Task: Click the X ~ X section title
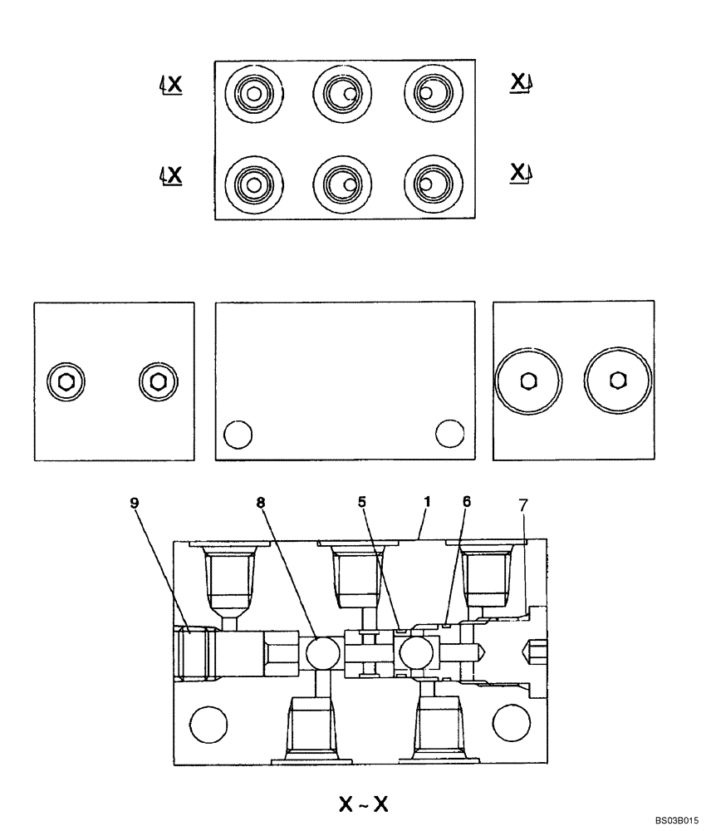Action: pyautogui.click(x=363, y=804)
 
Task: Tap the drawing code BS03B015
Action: pyautogui.click(x=676, y=819)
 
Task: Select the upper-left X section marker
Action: pyautogui.click(x=173, y=85)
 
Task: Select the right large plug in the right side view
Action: pyautogui.click(x=615, y=381)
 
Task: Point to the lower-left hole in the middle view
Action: pyautogui.click(x=239, y=433)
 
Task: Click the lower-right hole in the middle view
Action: pyautogui.click(x=450, y=432)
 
